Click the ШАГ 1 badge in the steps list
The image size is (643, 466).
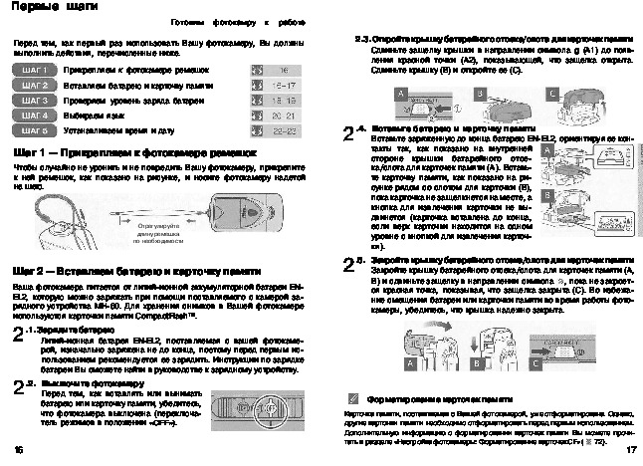(36, 72)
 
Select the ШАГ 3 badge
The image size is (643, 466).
(36, 101)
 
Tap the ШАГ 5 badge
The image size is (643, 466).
(36, 129)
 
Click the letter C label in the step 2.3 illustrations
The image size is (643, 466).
(553, 91)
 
